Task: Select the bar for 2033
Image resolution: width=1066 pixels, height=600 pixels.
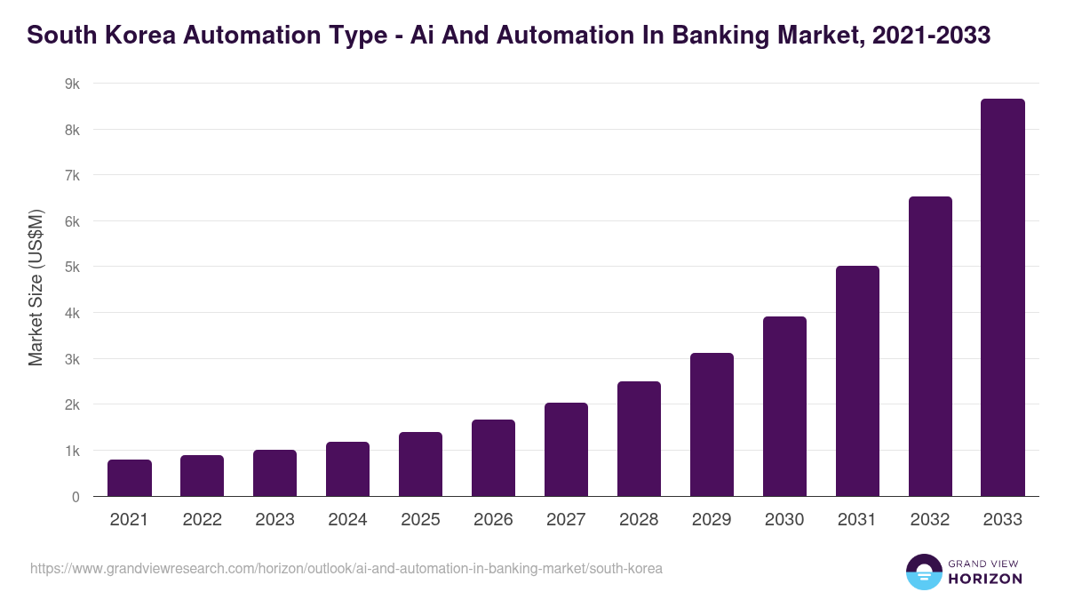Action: tap(1003, 298)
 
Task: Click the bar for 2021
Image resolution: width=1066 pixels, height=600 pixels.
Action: tap(130, 478)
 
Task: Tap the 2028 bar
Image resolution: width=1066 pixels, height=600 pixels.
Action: tap(639, 439)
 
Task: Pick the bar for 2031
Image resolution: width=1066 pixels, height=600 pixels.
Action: tap(857, 381)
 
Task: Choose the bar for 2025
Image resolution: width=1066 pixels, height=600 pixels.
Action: tap(420, 464)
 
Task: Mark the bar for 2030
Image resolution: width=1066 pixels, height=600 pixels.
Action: tap(784, 406)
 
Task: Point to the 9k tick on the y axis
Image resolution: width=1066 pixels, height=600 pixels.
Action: tap(72, 84)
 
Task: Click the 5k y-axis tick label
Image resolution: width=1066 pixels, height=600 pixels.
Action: tap(72, 267)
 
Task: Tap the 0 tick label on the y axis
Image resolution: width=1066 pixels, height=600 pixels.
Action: tap(76, 497)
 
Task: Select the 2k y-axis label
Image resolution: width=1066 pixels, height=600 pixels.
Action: tap(72, 404)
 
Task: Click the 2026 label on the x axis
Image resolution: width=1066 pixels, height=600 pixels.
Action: tap(493, 520)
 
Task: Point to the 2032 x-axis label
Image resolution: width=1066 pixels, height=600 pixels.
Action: tap(930, 520)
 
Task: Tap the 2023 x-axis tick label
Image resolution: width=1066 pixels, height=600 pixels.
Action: tap(274, 520)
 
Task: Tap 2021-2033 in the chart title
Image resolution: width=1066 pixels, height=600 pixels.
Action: tap(932, 36)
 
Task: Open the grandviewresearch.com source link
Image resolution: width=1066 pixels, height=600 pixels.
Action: tap(346, 568)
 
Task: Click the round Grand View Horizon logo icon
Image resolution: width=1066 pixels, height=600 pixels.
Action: tap(924, 572)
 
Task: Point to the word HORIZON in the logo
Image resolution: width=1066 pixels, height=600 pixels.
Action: tap(985, 579)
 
